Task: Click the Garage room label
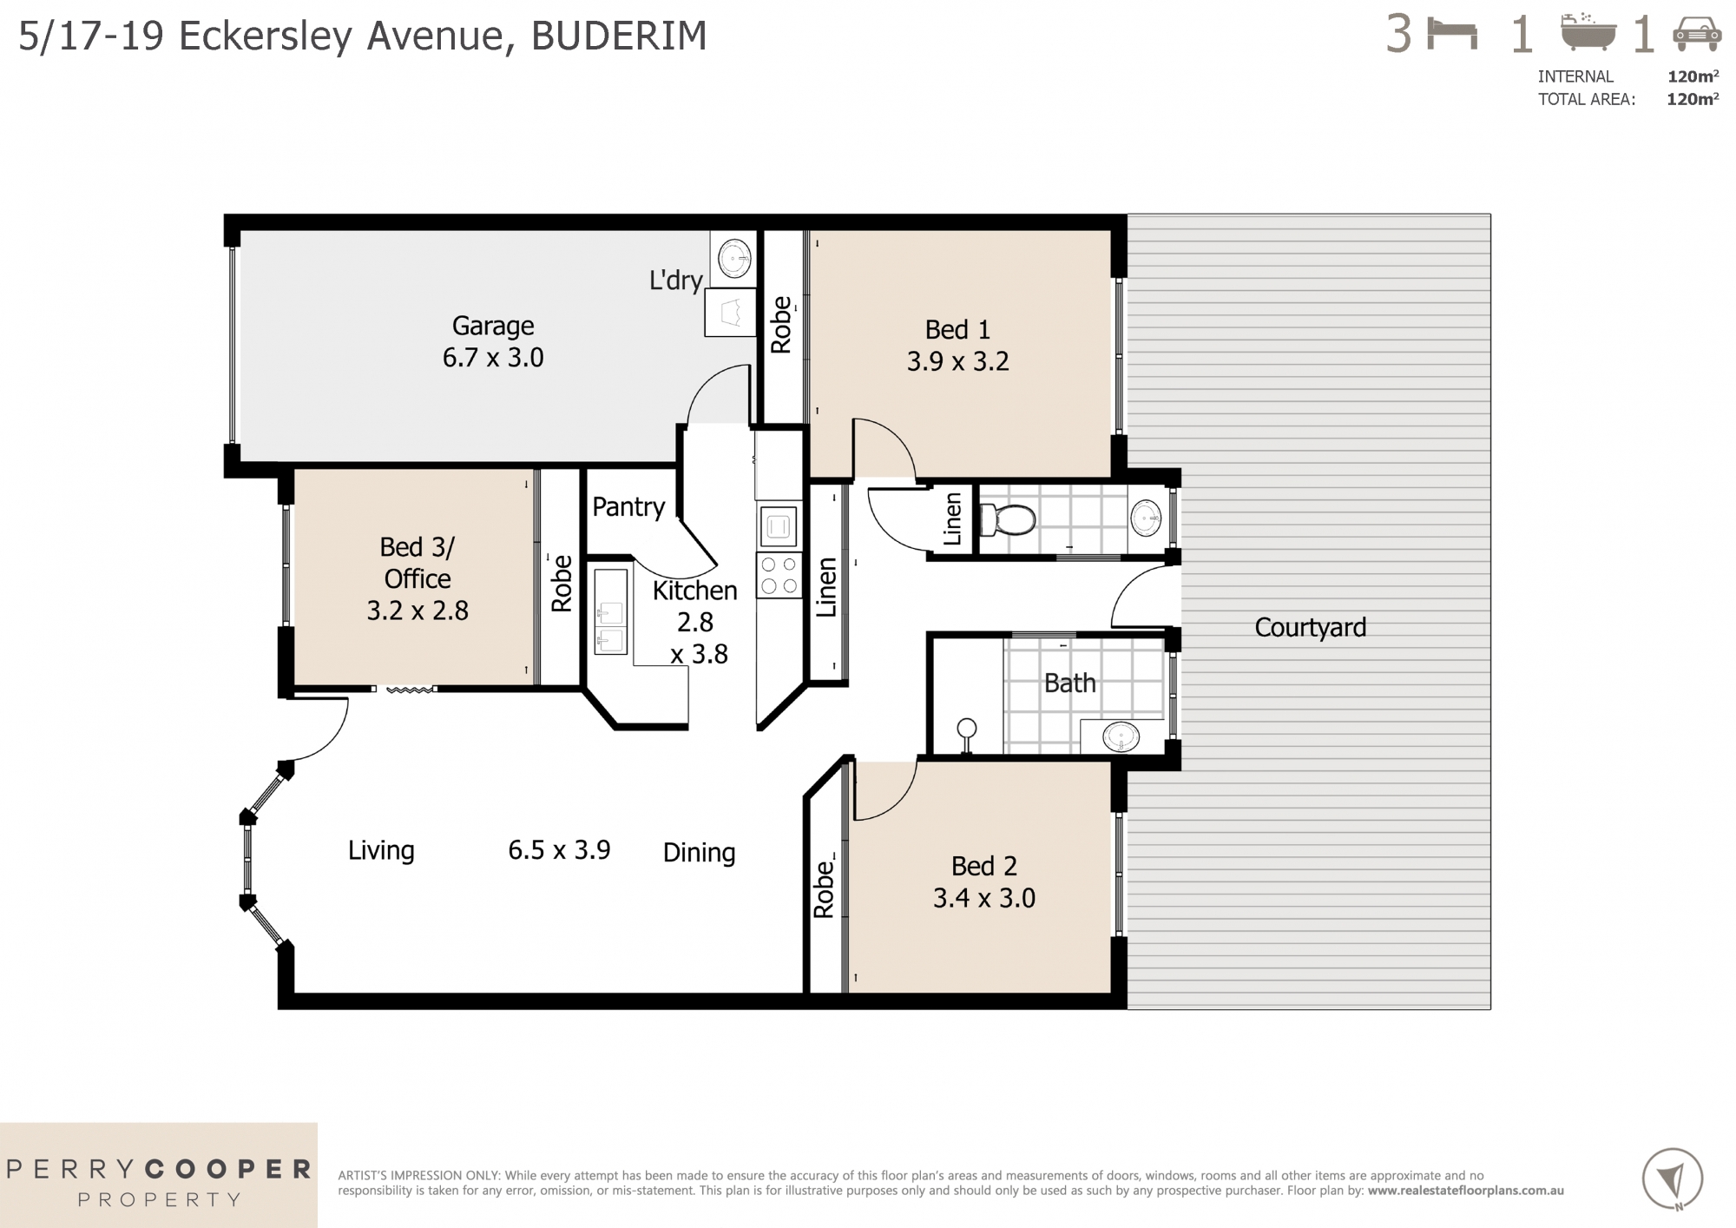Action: tap(492, 326)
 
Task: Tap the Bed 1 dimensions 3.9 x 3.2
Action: tap(957, 361)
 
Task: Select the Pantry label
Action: tap(628, 506)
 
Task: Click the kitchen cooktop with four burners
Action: tap(779, 575)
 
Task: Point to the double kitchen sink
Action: tap(610, 611)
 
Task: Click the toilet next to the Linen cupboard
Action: tap(1008, 520)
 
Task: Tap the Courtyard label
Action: tap(1310, 627)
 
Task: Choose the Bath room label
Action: tap(1069, 683)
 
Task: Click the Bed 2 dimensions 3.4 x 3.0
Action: tap(983, 898)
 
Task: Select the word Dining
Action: tap(699, 852)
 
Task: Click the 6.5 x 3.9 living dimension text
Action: tap(559, 849)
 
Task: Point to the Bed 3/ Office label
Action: tap(417, 563)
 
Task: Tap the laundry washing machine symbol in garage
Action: tap(735, 257)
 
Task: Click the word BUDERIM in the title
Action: tap(619, 36)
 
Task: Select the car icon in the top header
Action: tap(1697, 36)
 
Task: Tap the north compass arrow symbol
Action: tap(1672, 1178)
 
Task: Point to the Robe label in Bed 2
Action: tap(823, 889)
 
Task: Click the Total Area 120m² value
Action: tap(1692, 99)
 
